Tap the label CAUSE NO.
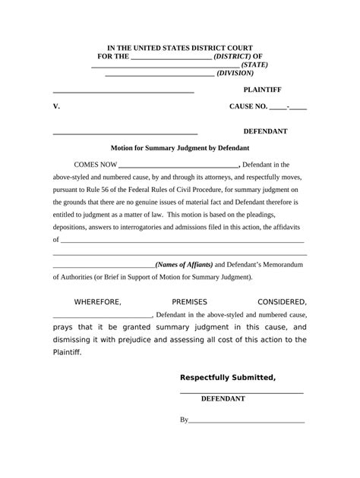248,107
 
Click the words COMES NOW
96,164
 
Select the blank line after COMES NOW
179,165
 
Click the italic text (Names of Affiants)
185,264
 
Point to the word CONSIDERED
283,302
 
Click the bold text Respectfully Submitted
227,378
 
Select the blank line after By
246,419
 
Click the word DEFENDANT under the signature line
223,398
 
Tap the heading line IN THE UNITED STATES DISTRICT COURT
180,48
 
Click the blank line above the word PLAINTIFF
123,91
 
